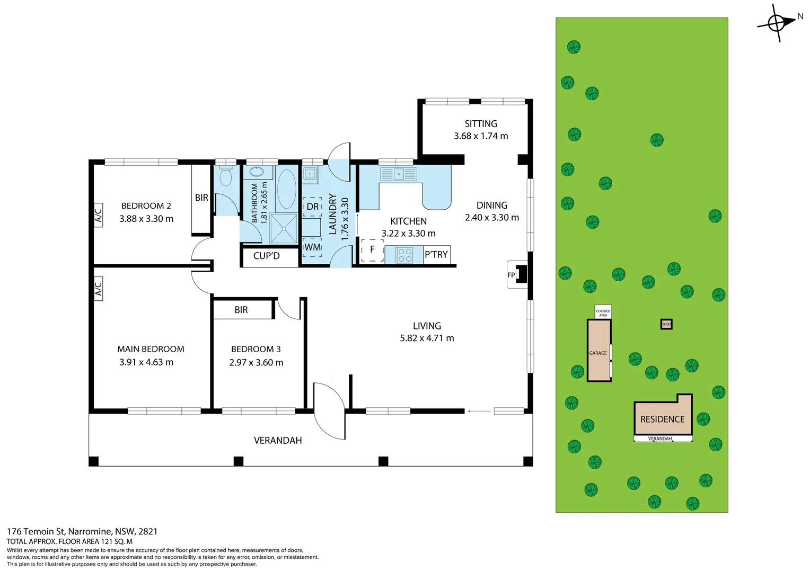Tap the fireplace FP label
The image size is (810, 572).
(511, 275)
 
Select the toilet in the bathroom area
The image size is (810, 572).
(226, 176)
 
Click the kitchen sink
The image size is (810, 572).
(399, 174)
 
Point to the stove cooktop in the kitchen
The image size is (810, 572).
(404, 254)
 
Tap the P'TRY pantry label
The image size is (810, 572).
(436, 254)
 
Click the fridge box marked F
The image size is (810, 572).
(373, 249)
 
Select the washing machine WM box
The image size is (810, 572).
(312, 247)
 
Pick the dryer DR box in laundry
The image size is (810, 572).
(312, 207)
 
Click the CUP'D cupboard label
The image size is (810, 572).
(267, 256)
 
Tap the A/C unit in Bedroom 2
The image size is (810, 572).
(99, 215)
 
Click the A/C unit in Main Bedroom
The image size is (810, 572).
(99, 288)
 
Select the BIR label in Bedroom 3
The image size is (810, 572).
(241, 310)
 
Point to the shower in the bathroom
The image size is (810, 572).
(284, 229)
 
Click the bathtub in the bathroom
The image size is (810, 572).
(286, 189)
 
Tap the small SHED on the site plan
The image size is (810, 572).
(666, 324)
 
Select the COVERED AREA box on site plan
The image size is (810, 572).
(603, 312)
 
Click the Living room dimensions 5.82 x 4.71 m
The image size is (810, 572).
(427, 338)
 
